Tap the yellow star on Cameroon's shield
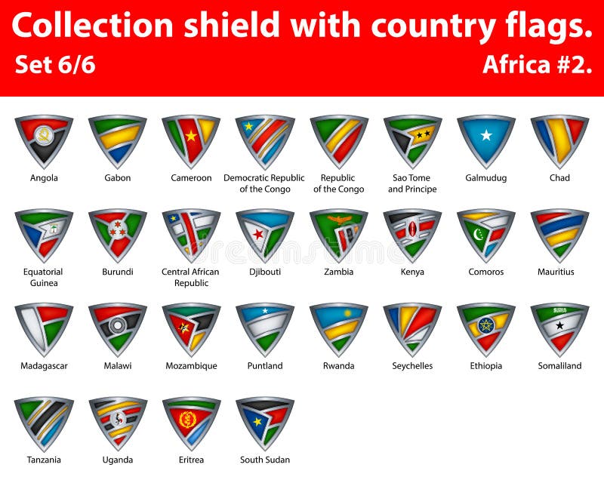click(x=191, y=136)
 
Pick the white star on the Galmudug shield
click(x=486, y=136)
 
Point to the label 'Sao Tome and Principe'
click(x=412, y=183)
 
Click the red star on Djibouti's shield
click(x=258, y=235)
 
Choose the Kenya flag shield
click(x=412, y=233)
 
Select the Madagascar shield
click(x=44, y=328)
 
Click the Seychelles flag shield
click(x=412, y=328)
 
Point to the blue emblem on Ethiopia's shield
click(x=486, y=325)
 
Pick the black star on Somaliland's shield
click(x=559, y=325)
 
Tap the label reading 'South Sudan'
click(x=265, y=460)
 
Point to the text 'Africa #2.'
click(x=537, y=65)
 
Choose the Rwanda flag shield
click(x=338, y=328)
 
